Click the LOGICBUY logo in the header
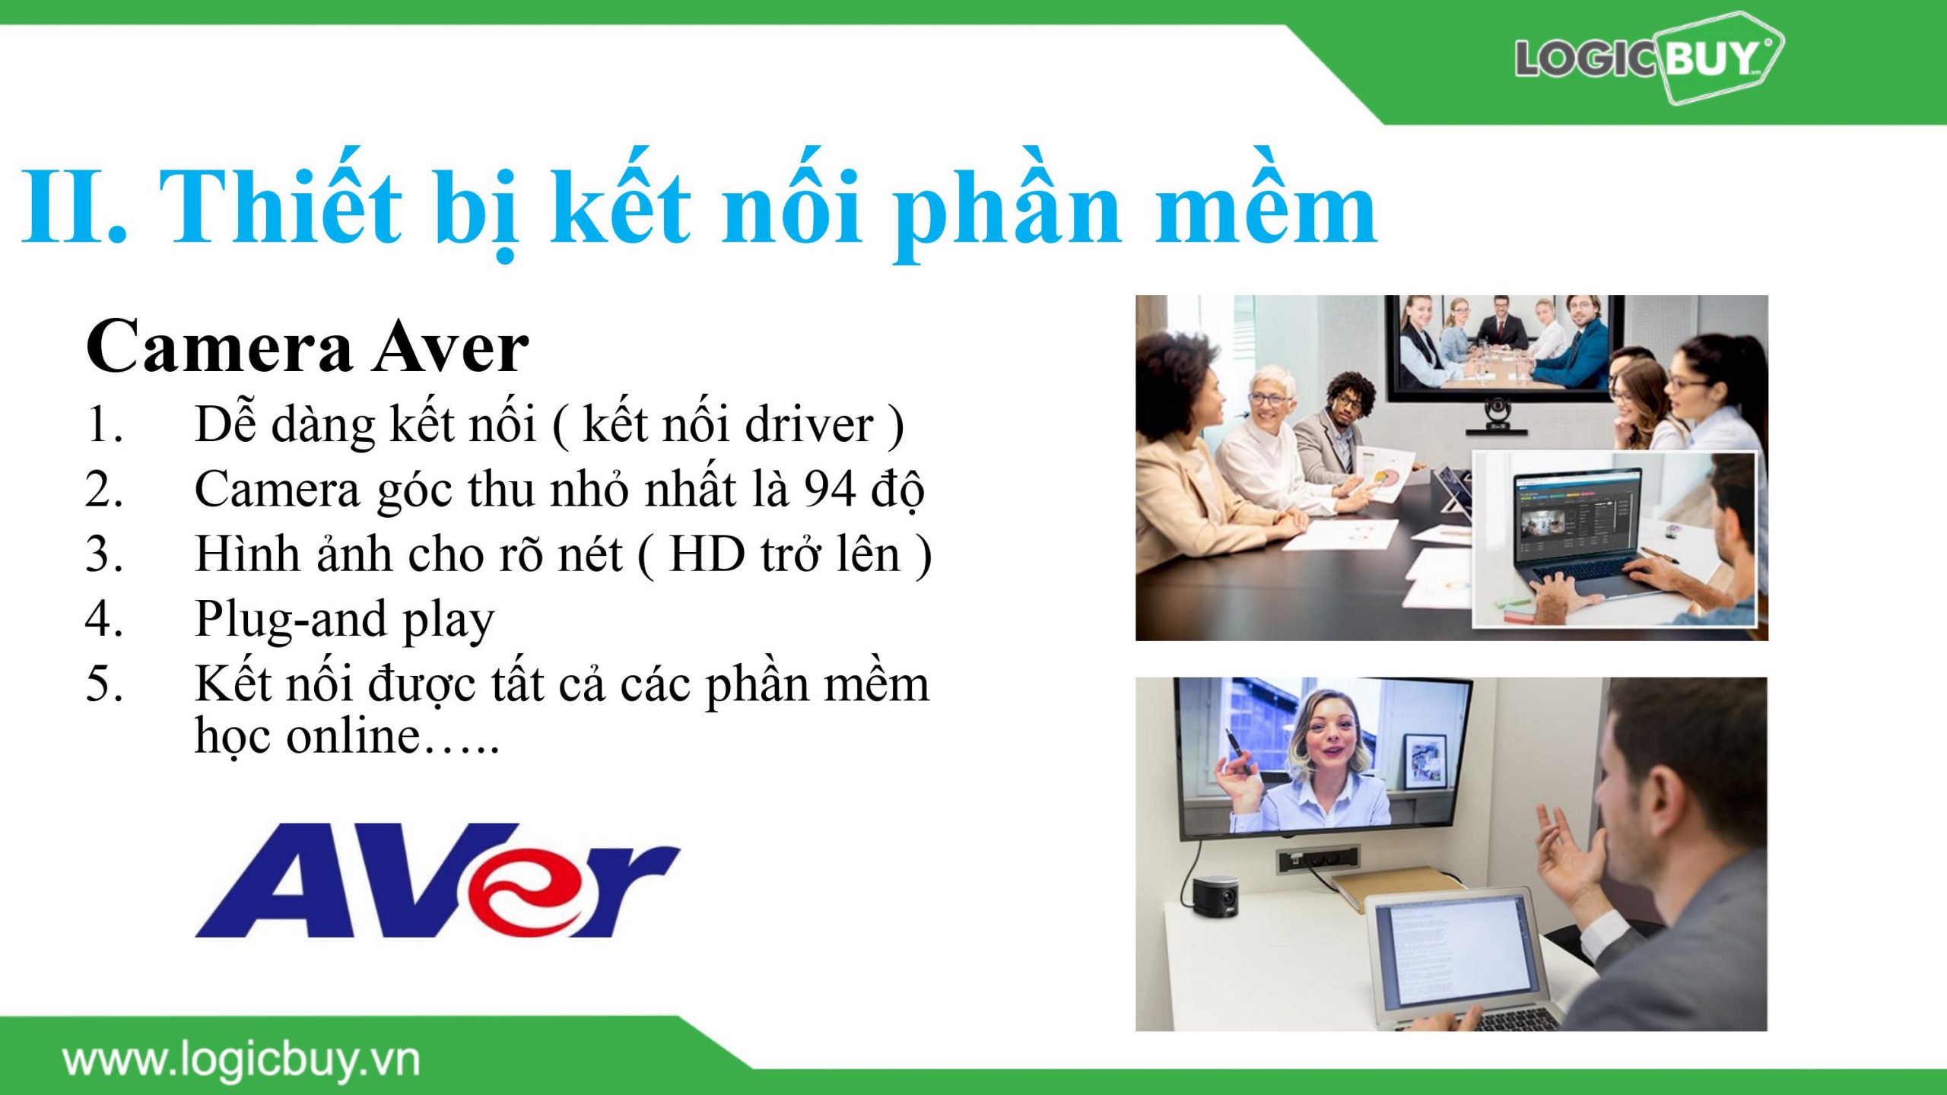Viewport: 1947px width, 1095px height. [1647, 58]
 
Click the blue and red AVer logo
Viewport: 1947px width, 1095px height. [437, 880]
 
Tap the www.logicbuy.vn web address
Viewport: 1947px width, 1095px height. [241, 1061]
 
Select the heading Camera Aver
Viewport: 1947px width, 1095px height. [307, 347]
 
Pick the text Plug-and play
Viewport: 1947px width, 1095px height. [345, 620]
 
